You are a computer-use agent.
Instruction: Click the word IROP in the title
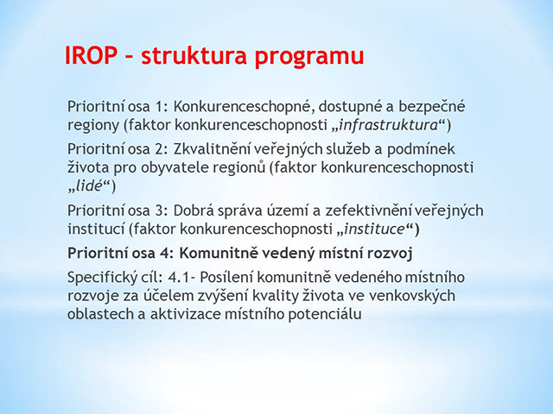pos(91,55)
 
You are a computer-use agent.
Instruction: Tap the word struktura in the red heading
pos(194,55)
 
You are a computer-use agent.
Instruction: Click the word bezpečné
pos(432,107)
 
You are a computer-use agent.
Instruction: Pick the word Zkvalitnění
pos(211,149)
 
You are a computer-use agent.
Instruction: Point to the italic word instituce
pos(374,229)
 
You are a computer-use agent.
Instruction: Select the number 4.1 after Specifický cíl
pos(179,278)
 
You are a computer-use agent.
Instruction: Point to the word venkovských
pos(412,297)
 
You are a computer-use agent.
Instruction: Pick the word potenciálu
pos(325,314)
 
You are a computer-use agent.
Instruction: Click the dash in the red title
pos(129,57)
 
